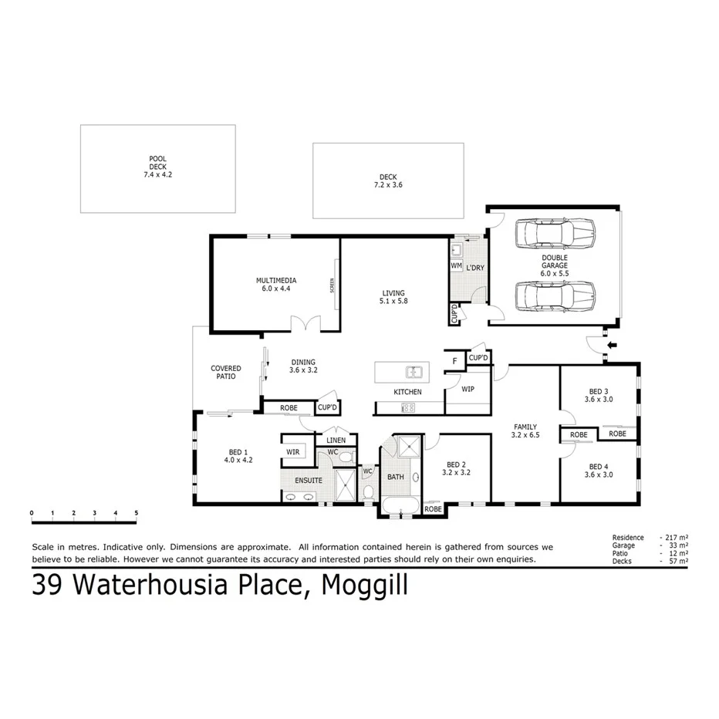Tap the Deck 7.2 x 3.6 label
(x=387, y=181)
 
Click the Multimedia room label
(x=276, y=285)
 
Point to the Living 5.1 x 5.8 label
(x=393, y=296)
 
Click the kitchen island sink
(x=414, y=373)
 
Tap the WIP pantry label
(x=468, y=390)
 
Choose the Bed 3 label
(x=598, y=395)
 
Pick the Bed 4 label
(x=599, y=471)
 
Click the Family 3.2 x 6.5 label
(x=525, y=431)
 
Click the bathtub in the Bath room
(x=401, y=508)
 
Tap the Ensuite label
(x=308, y=480)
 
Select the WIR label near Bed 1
(x=292, y=451)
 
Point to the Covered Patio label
(x=226, y=373)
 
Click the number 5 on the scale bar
(x=137, y=512)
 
